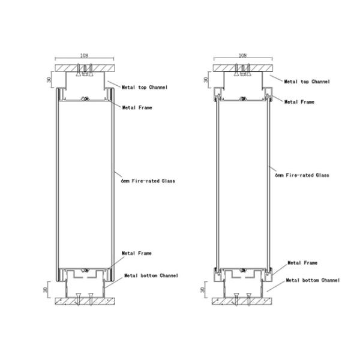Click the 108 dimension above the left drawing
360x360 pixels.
tap(84, 56)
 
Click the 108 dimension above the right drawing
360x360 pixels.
tap(243, 55)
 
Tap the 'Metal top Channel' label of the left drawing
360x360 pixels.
tap(145, 88)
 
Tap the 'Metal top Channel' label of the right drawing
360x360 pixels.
tap(307, 81)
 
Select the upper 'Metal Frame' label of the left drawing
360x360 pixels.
tap(137, 108)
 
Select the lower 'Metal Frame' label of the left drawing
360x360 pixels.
tap(137, 254)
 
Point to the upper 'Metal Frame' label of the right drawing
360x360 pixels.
tap(299, 103)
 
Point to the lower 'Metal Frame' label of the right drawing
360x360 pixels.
tap(302, 263)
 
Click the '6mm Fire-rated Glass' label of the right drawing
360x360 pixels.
tap(302, 176)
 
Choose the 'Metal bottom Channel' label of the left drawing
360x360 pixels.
tap(151, 275)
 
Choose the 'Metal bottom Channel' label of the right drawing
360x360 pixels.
tap(312, 280)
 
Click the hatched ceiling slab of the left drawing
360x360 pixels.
tap(85, 66)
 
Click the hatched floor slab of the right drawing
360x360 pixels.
tap(243, 301)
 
